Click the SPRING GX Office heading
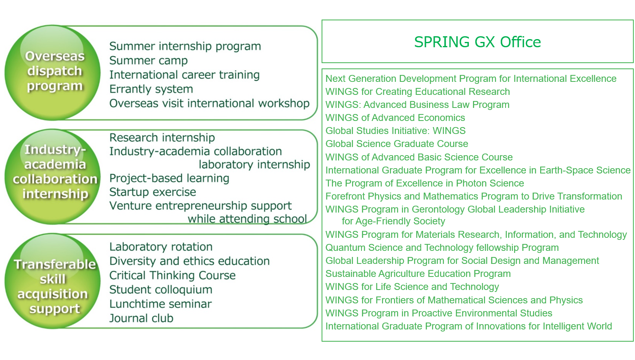point(477,42)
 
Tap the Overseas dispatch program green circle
point(53,72)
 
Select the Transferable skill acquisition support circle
point(53,281)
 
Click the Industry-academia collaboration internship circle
point(53,177)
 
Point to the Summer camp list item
point(149,61)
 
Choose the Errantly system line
point(151,89)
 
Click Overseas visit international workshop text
point(210,103)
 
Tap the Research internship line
point(162,138)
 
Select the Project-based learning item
point(169,178)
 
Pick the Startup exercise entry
point(153,192)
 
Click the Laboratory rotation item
point(161,247)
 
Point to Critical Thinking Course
point(172,275)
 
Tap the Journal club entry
point(141,318)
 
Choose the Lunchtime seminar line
point(160,304)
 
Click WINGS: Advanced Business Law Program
point(417,105)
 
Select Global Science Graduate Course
point(396,144)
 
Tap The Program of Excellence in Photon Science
point(425,183)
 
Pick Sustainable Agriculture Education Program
point(418,274)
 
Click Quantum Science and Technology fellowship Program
point(442,248)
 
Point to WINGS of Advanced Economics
point(395,118)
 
